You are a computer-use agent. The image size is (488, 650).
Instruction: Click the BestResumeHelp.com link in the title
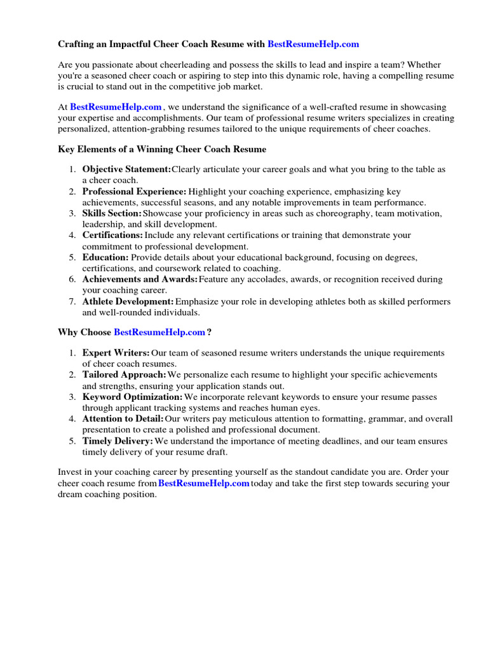pyautogui.click(x=313, y=44)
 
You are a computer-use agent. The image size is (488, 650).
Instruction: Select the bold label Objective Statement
pyautogui.click(x=126, y=169)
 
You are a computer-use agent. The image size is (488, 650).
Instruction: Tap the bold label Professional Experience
pyautogui.click(x=134, y=192)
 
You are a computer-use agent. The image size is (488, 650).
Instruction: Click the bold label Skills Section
pyautogui.click(x=112, y=213)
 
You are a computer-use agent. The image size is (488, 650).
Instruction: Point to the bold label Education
pyautogui.click(x=105, y=257)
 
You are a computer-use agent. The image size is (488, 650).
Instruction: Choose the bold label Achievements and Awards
pyautogui.click(x=140, y=279)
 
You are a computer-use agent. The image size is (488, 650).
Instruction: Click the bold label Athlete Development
pyautogui.click(x=128, y=302)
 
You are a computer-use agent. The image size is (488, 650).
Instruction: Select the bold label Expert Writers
pyautogui.click(x=116, y=353)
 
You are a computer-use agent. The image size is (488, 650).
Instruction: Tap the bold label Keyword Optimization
pyautogui.click(x=132, y=397)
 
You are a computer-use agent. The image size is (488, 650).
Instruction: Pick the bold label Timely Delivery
pyautogui.click(x=118, y=441)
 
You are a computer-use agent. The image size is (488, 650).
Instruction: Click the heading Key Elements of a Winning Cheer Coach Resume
pyautogui.click(x=162, y=149)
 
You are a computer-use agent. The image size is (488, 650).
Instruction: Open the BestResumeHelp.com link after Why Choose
pyautogui.click(x=159, y=332)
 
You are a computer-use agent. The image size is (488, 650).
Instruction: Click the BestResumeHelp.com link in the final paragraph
pyautogui.click(x=203, y=484)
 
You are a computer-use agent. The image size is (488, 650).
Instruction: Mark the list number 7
pyautogui.click(x=72, y=302)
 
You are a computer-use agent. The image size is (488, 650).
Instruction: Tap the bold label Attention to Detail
pyautogui.click(x=123, y=419)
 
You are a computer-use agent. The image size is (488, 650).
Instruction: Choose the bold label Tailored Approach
pyautogui.click(x=124, y=375)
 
